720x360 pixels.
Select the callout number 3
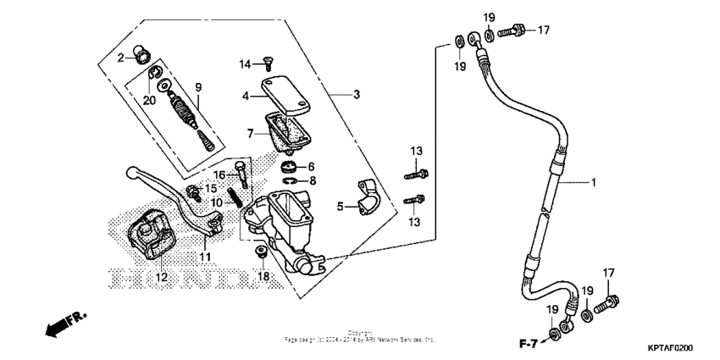[357, 94]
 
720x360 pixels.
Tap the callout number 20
[149, 100]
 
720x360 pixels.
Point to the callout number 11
[205, 256]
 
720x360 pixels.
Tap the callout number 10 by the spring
[216, 202]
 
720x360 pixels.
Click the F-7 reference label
[528, 343]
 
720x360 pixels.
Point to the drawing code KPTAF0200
[670, 348]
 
